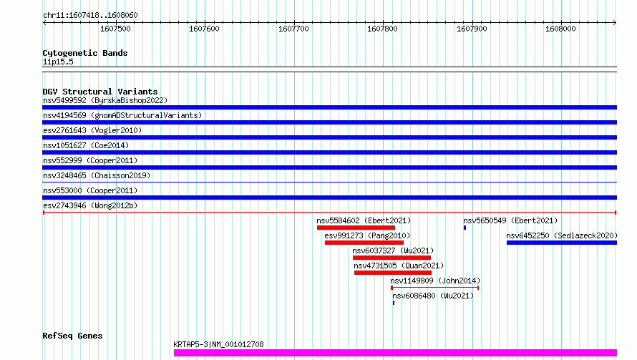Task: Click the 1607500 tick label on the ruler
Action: [x=115, y=29]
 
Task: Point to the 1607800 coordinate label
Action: [x=382, y=29]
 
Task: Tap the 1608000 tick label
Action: [x=560, y=29]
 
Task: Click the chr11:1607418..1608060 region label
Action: [x=91, y=15]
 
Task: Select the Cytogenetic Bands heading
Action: [x=85, y=53]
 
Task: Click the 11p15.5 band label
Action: [x=58, y=62]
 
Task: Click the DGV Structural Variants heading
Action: [x=100, y=92]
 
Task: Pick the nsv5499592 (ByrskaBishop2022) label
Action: [x=105, y=100]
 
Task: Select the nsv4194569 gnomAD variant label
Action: [x=122, y=115]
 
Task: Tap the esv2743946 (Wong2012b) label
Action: [x=90, y=205]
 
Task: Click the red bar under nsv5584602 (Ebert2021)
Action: [x=356, y=228]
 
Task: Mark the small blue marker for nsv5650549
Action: [x=465, y=228]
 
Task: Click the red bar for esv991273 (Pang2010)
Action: [x=364, y=243]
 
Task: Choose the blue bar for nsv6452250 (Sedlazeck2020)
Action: [x=562, y=243]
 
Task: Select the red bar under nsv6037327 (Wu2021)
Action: [x=392, y=258]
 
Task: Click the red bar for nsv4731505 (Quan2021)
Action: [x=393, y=273]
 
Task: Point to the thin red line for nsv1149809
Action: [x=434, y=288]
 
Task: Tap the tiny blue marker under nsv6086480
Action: [x=393, y=303]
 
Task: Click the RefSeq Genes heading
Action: [x=73, y=336]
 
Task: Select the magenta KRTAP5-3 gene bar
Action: [x=395, y=353]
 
